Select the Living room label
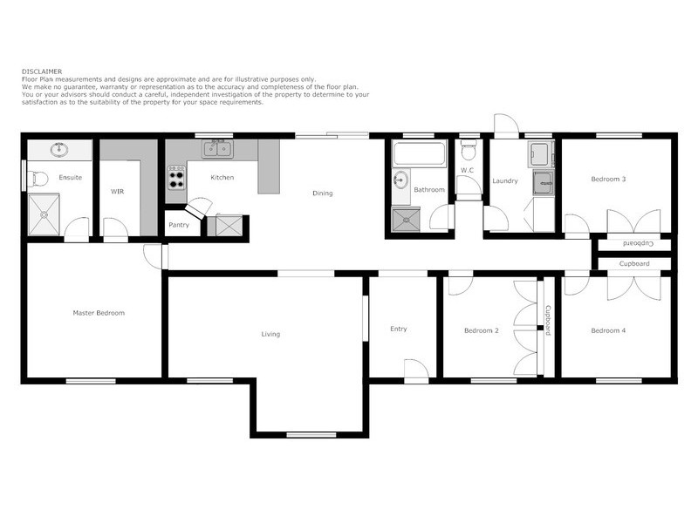point(270,334)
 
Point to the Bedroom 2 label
point(481,331)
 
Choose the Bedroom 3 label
point(608,179)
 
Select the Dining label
point(323,194)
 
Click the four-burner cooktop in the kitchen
point(176,179)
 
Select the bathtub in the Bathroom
point(419,155)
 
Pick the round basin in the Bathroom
point(400,181)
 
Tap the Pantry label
point(179,225)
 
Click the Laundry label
point(505,181)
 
